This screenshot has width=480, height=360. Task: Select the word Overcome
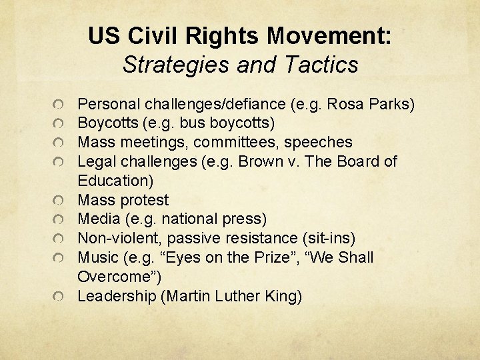click(x=111, y=276)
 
